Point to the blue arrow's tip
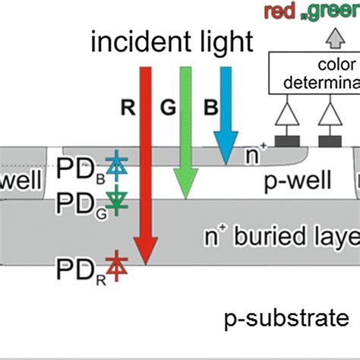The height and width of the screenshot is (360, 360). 225,162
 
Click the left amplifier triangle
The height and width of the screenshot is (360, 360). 287,115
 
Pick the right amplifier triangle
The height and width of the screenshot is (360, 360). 329,115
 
